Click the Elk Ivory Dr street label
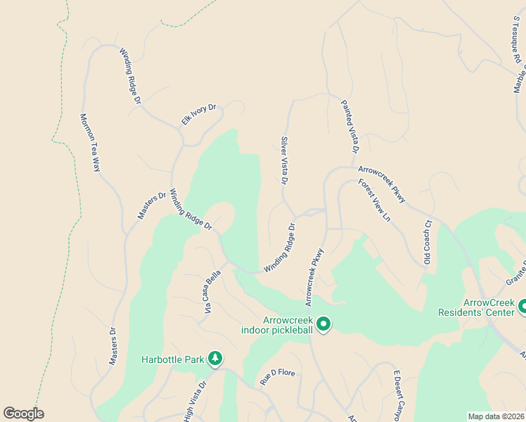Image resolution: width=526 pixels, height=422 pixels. (x=199, y=115)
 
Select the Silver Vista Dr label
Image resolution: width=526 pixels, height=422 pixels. (x=285, y=161)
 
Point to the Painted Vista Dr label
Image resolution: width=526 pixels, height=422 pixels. (x=350, y=127)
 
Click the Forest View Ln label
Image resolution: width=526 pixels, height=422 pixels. (x=374, y=200)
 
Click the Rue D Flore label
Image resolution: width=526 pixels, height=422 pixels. (x=277, y=373)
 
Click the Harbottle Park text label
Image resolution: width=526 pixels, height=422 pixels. (x=172, y=359)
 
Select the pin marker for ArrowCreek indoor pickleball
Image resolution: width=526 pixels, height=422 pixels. (x=323, y=324)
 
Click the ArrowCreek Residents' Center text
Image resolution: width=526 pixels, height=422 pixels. (x=476, y=307)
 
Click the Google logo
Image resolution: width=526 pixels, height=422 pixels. (x=23, y=414)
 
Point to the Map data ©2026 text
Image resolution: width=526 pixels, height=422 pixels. (x=496, y=416)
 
